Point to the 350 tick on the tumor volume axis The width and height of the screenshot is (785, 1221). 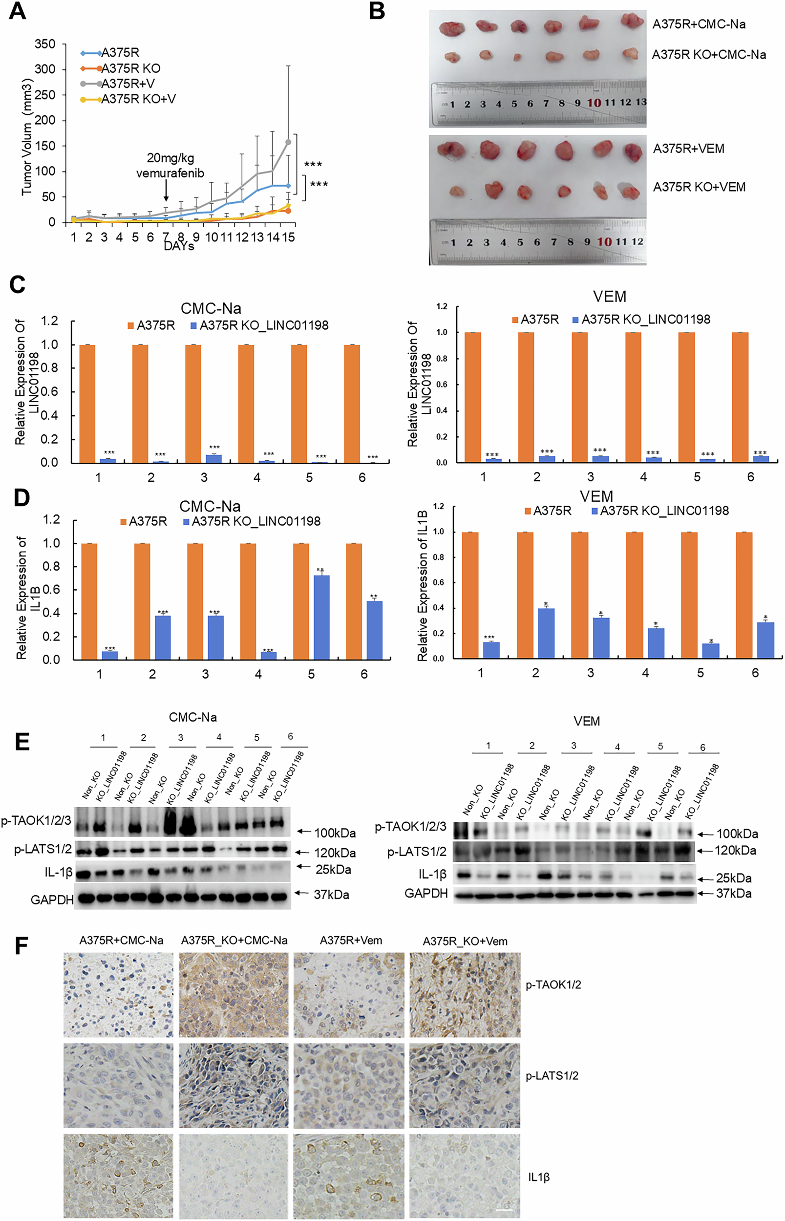(45, 44)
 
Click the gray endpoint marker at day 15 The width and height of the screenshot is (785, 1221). (288, 142)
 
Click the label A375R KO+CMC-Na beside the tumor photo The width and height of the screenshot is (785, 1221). (708, 55)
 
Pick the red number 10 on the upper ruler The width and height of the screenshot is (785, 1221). (594, 103)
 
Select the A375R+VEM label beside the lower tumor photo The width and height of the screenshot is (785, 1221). (689, 149)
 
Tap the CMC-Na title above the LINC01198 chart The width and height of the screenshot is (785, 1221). (211, 308)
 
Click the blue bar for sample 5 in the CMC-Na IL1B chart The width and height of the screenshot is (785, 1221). (321, 617)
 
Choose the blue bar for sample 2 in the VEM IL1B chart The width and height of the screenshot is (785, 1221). (546, 633)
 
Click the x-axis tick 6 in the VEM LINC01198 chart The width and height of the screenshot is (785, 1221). (750, 477)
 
